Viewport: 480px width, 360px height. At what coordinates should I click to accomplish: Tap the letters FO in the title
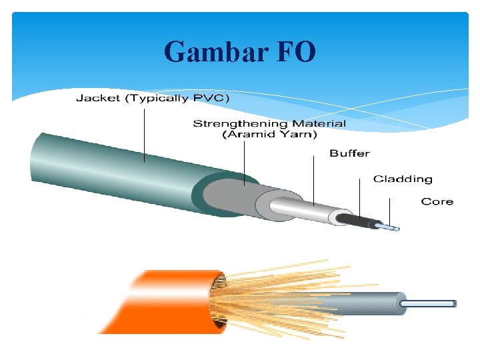click(293, 51)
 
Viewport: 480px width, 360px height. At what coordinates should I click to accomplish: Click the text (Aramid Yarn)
click(269, 134)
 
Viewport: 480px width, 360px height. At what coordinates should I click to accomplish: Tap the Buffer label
click(349, 153)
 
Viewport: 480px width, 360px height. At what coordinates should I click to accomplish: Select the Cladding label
click(403, 179)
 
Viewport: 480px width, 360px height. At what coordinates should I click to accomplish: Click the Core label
click(437, 201)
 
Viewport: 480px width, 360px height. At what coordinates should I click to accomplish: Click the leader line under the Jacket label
click(144, 133)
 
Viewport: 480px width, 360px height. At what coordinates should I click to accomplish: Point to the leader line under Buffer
click(314, 180)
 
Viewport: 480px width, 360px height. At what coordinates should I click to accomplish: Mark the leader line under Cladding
click(361, 200)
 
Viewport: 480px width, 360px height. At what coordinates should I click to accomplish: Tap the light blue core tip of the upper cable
click(390, 228)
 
